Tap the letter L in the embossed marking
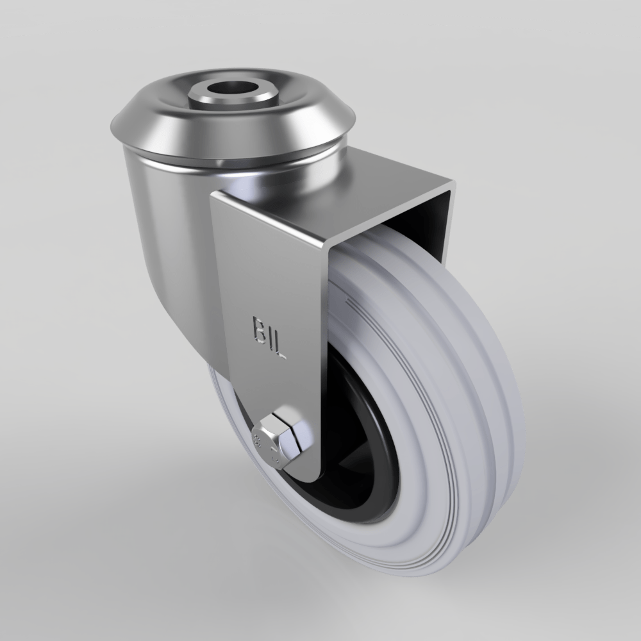coord(280,350)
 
